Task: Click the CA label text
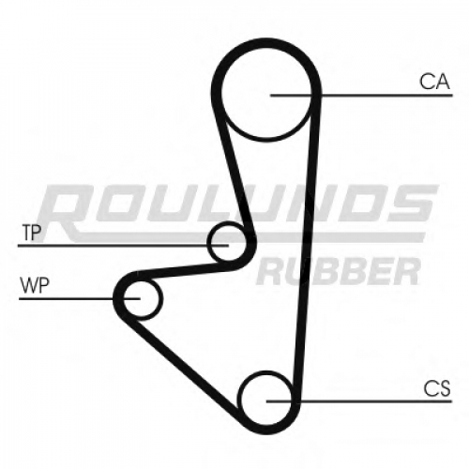coord(434,82)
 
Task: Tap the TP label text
coord(32,233)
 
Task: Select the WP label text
coord(35,285)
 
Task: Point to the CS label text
coord(437,388)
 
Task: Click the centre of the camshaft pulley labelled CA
coord(266,93)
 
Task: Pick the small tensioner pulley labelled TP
coord(227,241)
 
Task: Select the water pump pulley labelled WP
coord(143,299)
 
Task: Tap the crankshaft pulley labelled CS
coord(266,399)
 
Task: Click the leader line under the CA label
coord(361,95)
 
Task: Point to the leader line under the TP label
coord(123,246)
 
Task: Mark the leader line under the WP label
coord(80,299)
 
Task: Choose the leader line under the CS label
coord(359,401)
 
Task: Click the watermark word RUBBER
coord(339,271)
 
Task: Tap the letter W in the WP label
coord(29,285)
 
